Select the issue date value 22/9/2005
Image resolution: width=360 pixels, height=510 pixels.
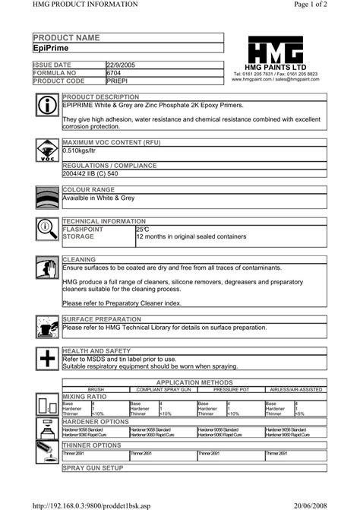point(122,65)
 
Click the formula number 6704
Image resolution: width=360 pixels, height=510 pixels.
point(114,73)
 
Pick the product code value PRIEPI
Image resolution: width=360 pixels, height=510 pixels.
point(118,81)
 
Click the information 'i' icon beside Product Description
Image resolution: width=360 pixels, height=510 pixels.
point(47,106)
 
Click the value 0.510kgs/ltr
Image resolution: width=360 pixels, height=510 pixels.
point(81,151)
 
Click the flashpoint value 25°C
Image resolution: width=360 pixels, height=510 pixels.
point(143,229)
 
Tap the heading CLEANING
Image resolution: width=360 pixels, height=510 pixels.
point(79,260)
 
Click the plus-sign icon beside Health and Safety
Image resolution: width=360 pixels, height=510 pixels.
point(47,359)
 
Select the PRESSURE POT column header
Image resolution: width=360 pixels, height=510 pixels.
point(231,389)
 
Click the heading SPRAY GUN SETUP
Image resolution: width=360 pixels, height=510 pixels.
point(93,468)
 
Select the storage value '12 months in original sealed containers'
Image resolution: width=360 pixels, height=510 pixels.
point(191,236)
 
